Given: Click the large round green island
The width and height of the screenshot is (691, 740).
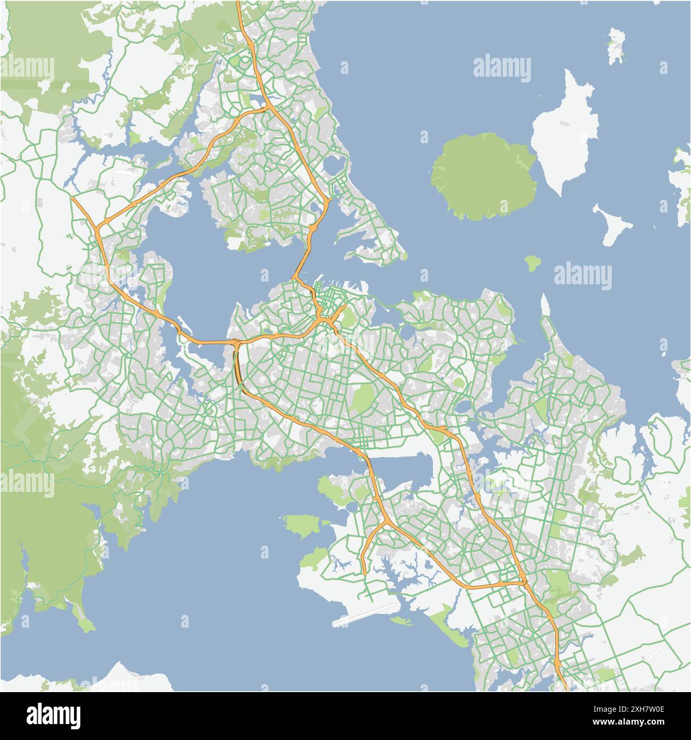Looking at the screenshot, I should [483, 176].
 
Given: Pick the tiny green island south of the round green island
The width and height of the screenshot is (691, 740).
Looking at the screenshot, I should [530, 262].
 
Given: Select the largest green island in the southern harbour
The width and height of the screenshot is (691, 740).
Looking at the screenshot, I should [303, 525].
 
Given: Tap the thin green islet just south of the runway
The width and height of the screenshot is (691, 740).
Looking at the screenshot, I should [402, 620].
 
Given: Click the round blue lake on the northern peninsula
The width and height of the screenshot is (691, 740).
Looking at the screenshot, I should [335, 165].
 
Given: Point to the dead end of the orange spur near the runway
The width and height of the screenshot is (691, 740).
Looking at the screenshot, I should [365, 573].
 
